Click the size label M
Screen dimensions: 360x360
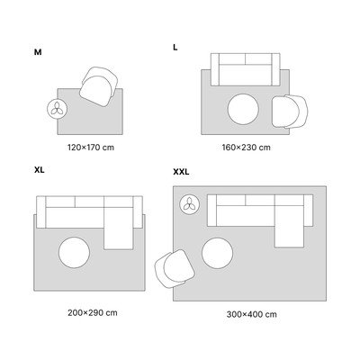point(38,52)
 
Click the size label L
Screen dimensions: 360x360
point(175,48)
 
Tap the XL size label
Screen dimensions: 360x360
point(40,170)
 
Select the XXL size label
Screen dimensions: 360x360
point(181,172)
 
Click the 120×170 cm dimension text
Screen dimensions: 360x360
point(91,148)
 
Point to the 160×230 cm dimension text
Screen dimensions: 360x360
point(246,148)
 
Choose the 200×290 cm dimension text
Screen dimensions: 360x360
point(93,312)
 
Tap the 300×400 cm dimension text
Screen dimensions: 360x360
point(251,314)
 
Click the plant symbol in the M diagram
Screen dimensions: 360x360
point(58,109)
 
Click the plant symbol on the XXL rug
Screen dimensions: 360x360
point(189,204)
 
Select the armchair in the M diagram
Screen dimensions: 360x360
point(99,86)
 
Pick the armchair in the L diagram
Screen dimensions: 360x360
point(290,112)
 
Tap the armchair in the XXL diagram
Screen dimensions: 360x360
point(175,269)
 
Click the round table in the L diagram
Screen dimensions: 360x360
point(243,109)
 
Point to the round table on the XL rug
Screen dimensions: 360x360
point(74,253)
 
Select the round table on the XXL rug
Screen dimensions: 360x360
point(217,253)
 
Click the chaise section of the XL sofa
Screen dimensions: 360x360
point(119,228)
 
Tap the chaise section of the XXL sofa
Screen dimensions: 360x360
point(289,226)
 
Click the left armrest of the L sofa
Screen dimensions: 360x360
point(215,69)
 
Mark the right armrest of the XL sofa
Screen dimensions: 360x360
point(138,212)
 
